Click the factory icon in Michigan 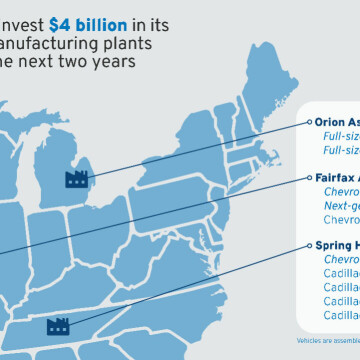pos(76,179)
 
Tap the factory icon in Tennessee pos(56,326)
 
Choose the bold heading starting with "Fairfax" pos(336,177)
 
